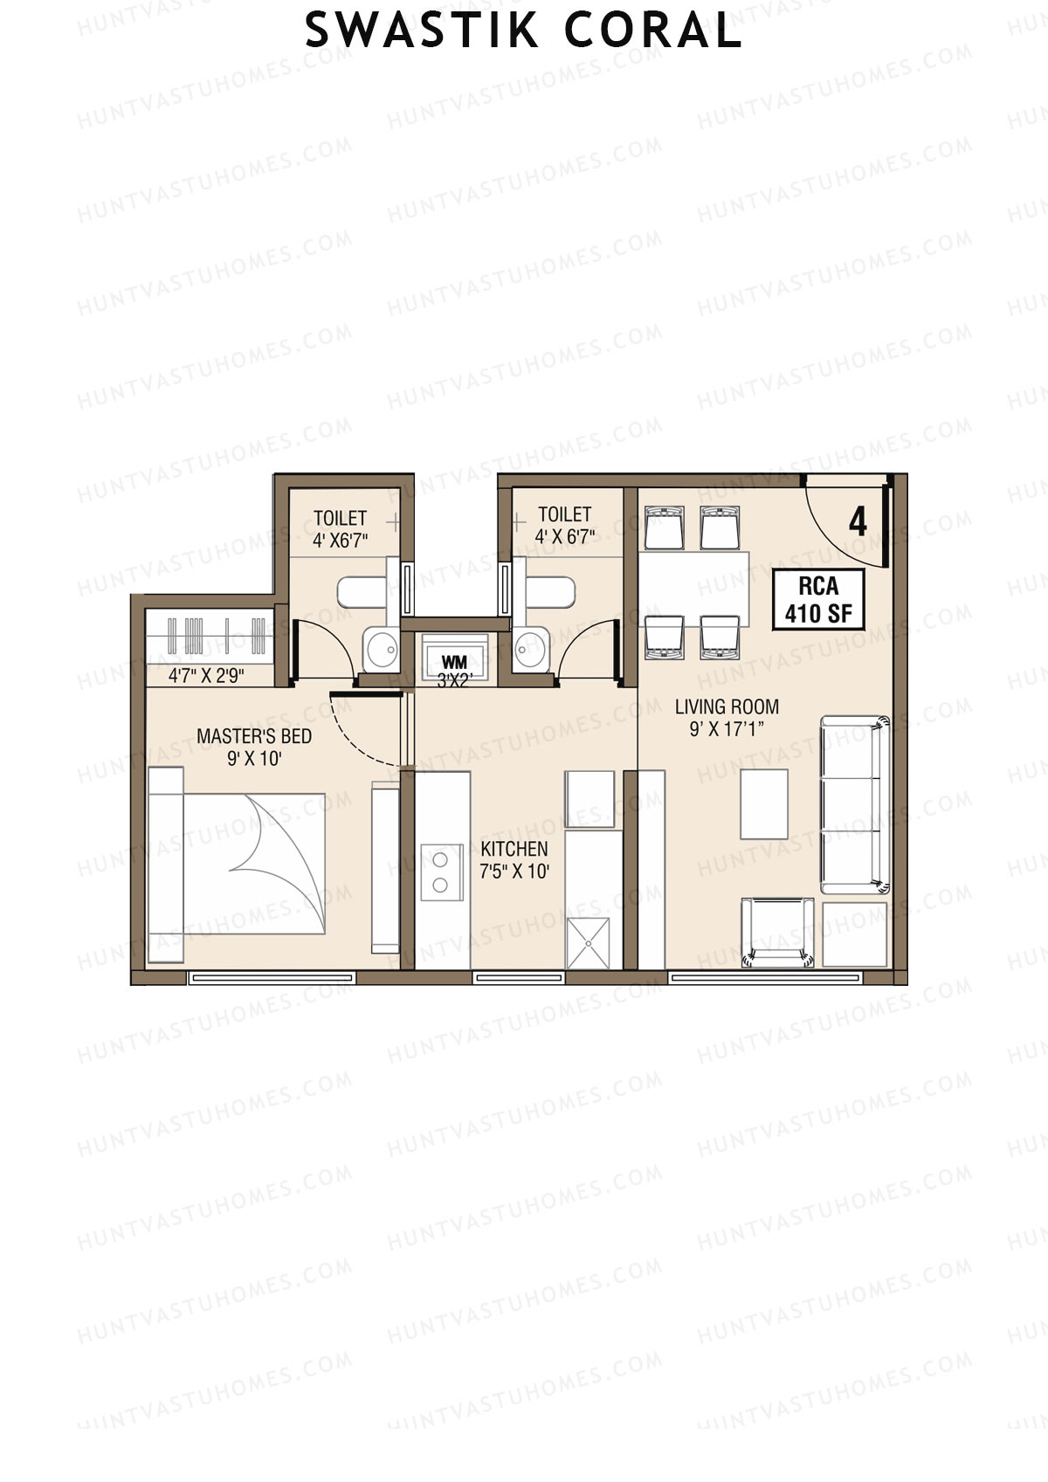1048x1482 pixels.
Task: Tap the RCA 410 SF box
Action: click(818, 600)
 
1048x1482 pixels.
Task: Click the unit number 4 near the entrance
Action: click(858, 522)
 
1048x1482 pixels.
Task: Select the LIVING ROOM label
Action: click(727, 707)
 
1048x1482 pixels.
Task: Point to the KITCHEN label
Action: click(514, 848)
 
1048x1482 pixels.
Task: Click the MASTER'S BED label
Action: click(253, 736)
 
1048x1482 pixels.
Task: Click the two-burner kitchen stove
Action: click(441, 872)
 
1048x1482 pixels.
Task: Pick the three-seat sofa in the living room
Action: click(855, 803)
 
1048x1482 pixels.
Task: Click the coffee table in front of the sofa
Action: click(764, 803)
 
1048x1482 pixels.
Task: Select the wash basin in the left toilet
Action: click(381, 649)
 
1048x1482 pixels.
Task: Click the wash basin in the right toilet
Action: click(527, 649)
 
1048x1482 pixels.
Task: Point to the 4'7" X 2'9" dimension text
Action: click(206, 675)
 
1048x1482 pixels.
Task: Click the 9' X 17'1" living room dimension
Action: click(727, 729)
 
